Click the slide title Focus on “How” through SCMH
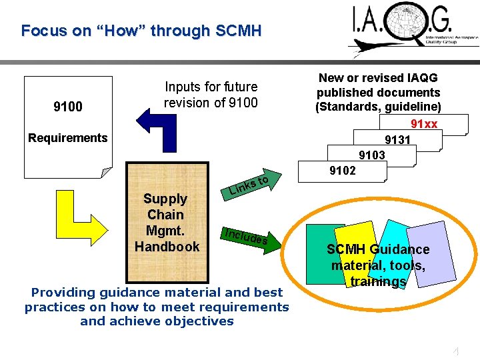coord(141,31)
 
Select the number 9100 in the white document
coord(67,107)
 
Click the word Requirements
coord(67,138)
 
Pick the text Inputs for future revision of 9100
coord(211,95)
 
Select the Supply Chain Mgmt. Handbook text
coord(166,223)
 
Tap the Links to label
coord(248,186)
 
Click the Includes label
coord(246,236)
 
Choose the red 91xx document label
coord(423,124)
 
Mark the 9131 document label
coord(397,140)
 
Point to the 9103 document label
coord(371,155)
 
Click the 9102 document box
coord(342,171)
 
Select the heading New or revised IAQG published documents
coord(378,92)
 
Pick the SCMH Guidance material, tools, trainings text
coord(378,265)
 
